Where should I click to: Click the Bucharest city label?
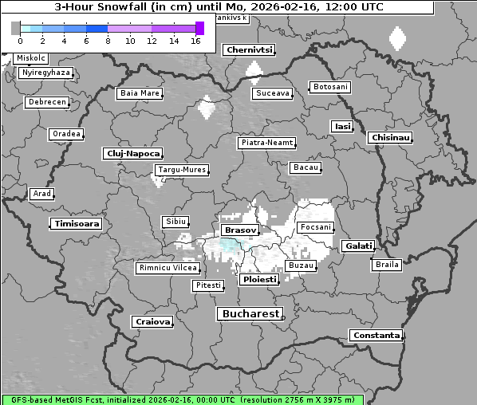[x=250, y=314]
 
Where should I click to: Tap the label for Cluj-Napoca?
[x=133, y=153]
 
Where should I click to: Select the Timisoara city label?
[x=77, y=224]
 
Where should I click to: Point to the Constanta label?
[x=376, y=336]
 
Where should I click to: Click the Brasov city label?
[x=240, y=230]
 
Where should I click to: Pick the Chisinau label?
[x=391, y=138]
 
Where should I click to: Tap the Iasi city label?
[x=342, y=126]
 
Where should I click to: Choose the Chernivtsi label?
[x=250, y=50]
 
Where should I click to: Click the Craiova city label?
[x=153, y=321]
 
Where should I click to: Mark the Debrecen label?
[x=46, y=103]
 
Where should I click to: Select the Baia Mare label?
[x=140, y=93]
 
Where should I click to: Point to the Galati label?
[x=359, y=246]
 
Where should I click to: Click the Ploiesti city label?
[x=259, y=280]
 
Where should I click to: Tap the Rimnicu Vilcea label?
[x=168, y=268]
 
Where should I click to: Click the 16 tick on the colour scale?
[x=195, y=41]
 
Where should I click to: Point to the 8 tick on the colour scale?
[x=108, y=41]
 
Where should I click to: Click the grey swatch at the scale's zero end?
[x=16, y=28]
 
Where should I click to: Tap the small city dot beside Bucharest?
[x=283, y=317]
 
